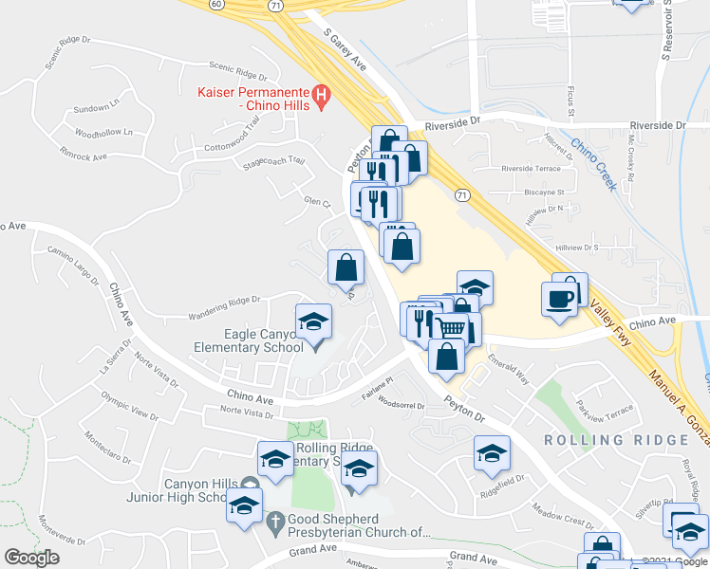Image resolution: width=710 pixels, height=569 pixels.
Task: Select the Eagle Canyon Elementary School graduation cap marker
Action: pos(313,321)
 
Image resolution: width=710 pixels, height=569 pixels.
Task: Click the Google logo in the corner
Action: pos(31,558)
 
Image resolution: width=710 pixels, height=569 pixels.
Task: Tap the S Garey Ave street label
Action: pos(345,49)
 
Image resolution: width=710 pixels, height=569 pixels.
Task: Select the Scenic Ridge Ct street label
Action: pos(238,71)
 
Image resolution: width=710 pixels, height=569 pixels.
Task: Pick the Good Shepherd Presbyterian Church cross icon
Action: pos(275,521)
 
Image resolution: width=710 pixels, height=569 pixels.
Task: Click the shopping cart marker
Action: pos(453,328)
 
